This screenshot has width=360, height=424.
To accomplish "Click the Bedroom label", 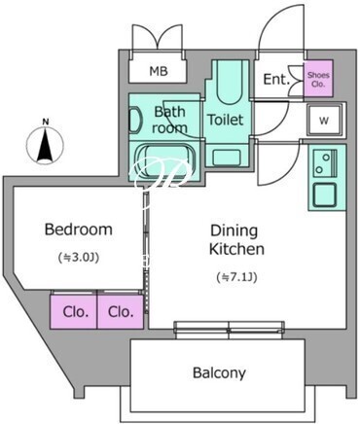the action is click(79, 230).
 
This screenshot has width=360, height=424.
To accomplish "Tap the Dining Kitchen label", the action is click(236, 240).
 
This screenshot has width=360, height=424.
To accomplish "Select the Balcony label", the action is click(219, 372).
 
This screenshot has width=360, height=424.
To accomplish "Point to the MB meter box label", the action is click(159, 71).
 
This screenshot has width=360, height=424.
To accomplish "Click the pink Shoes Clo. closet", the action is click(318, 79).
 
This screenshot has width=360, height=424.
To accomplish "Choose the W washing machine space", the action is click(324, 120).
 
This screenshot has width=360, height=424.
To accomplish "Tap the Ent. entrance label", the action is click(276, 79).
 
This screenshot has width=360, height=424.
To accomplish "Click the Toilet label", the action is click(226, 120).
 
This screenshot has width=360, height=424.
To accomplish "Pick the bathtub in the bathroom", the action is click(166, 160).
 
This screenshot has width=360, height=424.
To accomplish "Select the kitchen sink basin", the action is click(324, 194).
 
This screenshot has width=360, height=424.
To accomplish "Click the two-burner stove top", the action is click(325, 163).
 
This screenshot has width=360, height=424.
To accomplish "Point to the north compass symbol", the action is click(46, 145).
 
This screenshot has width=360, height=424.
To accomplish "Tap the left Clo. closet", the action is click(73, 311).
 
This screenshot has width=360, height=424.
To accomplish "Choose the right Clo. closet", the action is click(121, 311).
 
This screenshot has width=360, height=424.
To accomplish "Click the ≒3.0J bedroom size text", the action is click(78, 258).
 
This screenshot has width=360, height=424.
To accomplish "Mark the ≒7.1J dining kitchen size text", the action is click(236, 277).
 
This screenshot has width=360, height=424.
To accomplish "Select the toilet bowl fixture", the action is click(230, 82).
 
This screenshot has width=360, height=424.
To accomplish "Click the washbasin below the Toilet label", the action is click(227, 158).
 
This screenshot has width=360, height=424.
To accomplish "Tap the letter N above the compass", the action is click(46, 123).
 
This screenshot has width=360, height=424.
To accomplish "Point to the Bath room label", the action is click(169, 120).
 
